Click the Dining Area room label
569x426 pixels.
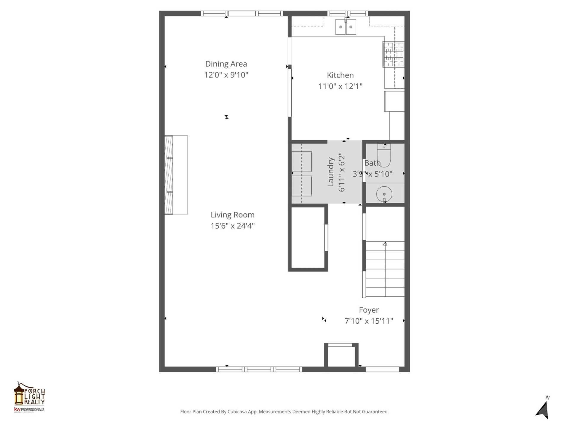pyautogui.click(x=226, y=64)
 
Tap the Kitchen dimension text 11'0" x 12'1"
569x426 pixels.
pyautogui.click(x=340, y=86)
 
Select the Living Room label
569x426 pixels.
pyautogui.click(x=232, y=215)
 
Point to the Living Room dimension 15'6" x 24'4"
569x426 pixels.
pyautogui.click(x=232, y=226)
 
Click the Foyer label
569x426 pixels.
pyautogui.click(x=369, y=310)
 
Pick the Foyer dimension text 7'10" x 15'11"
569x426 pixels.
pyautogui.click(x=369, y=321)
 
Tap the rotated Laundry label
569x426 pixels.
pyautogui.click(x=331, y=172)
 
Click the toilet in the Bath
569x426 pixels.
pyautogui.click(x=384, y=155)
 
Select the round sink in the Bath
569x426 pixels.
pyautogui.click(x=384, y=194)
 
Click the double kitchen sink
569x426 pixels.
pyautogui.click(x=346, y=27)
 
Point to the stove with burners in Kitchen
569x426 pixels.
pyautogui.click(x=393, y=54)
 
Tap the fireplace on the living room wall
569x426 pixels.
pyautogui.click(x=176, y=175)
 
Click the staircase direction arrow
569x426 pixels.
pyautogui.click(x=385, y=244)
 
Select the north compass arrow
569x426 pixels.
pyautogui.click(x=543, y=410)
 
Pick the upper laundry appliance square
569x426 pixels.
pyautogui.click(x=302, y=162)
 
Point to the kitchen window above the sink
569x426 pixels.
pyautogui.click(x=347, y=13)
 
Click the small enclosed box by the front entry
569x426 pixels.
pyautogui.click(x=341, y=356)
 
